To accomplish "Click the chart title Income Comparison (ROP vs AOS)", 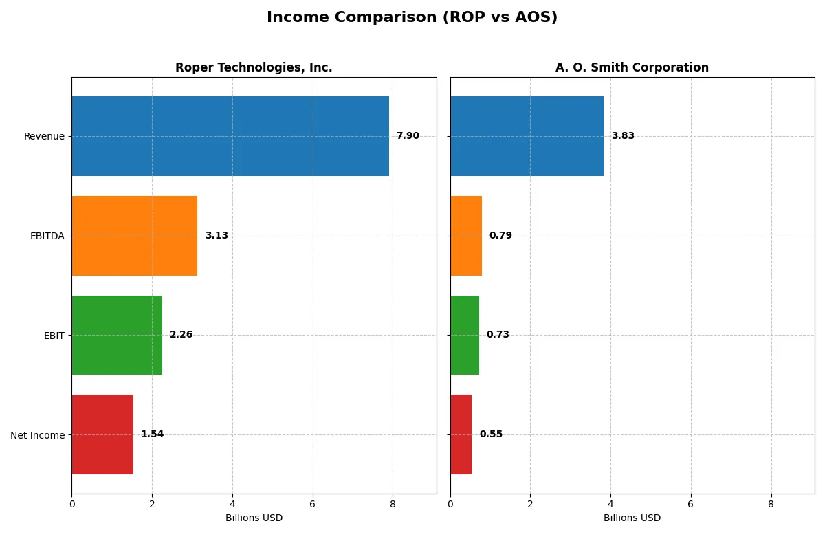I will (412, 18).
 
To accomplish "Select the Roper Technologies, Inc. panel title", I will (254, 67).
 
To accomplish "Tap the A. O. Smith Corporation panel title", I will (632, 67).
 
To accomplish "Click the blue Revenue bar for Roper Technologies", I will (230, 136).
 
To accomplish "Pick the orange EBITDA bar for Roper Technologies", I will (135, 236).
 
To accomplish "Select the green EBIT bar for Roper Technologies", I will (117, 335).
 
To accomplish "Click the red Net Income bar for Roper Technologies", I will (102, 434).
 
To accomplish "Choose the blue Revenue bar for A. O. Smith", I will (527, 136).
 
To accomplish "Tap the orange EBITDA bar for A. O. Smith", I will (466, 236).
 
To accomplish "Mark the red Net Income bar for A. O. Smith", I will (461, 434).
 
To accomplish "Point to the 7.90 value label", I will (408, 136).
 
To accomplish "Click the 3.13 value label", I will (217, 236).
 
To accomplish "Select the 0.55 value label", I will (491, 434).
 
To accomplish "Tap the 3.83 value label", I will (623, 136).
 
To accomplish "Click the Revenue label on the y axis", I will (44, 136).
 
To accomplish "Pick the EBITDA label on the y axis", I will (47, 236).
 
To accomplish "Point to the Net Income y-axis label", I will (38, 434).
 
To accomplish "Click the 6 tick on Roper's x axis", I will (312, 504).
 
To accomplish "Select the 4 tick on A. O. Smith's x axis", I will (610, 504).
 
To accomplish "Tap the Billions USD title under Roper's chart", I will (254, 518).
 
